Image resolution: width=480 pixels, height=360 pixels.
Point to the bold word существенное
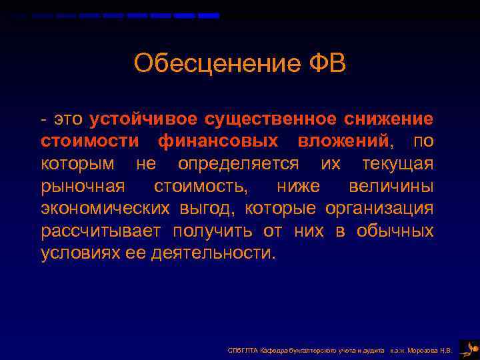pos(270,119)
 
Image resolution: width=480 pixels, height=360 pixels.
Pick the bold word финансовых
pos(218,141)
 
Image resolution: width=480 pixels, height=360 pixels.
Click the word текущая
pos(397,164)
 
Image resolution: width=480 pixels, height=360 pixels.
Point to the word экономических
pos(105,209)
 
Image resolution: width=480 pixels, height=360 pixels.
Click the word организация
pos(379,209)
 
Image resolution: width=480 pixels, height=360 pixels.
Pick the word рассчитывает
pos(100,231)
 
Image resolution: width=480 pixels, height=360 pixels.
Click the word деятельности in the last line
pos(221,253)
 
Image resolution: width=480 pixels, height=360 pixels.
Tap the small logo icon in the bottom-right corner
pos(468,348)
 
